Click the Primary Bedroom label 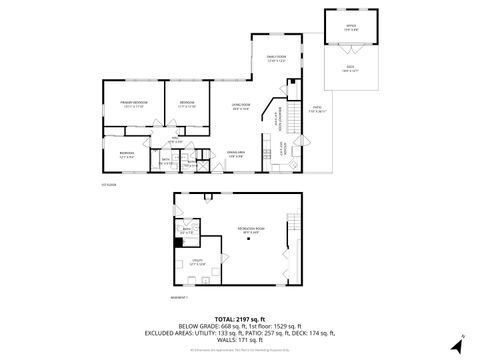[x=133, y=104]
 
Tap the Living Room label [x=241, y=105]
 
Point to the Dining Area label [x=235, y=153]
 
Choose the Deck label [x=351, y=67]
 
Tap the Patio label [x=315, y=107]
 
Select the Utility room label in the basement [x=198, y=262]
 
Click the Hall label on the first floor [x=175, y=141]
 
